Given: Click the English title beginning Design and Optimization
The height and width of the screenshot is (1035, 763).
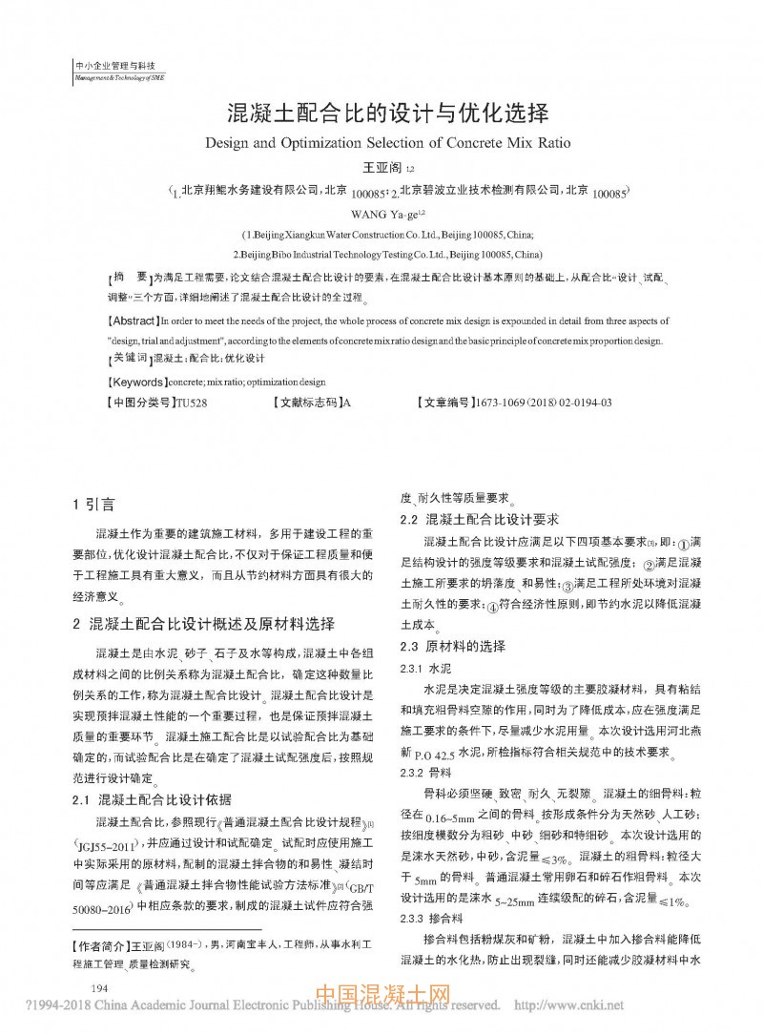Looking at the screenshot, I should (387, 144).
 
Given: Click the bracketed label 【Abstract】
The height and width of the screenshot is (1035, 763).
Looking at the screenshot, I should (134, 321).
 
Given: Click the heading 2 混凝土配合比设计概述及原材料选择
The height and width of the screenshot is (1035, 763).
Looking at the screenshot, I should (204, 624).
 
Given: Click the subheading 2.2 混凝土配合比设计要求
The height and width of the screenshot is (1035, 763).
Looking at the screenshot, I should (478, 520).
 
